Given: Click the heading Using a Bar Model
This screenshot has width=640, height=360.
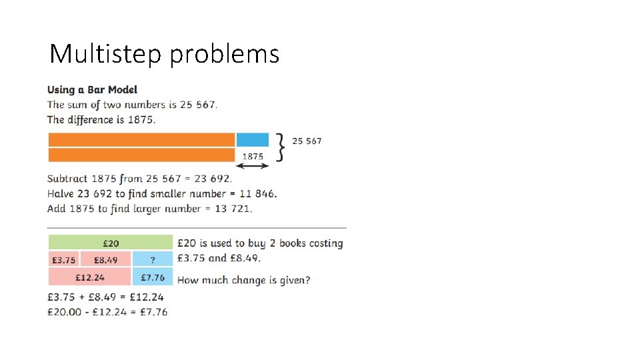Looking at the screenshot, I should [92, 89].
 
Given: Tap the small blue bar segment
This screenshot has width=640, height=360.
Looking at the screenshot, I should [253, 139].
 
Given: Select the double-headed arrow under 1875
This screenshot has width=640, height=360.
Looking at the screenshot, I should [253, 166].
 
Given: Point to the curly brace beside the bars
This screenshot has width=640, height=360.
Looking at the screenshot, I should [281, 147].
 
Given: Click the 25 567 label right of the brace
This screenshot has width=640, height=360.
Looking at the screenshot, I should [307, 141].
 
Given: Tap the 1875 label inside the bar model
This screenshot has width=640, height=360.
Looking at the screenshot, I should [253, 156].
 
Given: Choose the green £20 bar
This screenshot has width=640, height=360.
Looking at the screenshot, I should [111, 243].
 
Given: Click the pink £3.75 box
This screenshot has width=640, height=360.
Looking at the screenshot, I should [63, 259].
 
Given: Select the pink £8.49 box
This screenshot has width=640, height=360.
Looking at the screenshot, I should [106, 259].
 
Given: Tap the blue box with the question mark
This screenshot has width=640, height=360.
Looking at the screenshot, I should [153, 259].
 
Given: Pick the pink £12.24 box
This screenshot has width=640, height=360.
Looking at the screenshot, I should [89, 277].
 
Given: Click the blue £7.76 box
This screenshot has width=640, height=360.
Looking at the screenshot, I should [153, 277].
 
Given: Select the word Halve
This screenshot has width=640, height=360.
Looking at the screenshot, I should [61, 193].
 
